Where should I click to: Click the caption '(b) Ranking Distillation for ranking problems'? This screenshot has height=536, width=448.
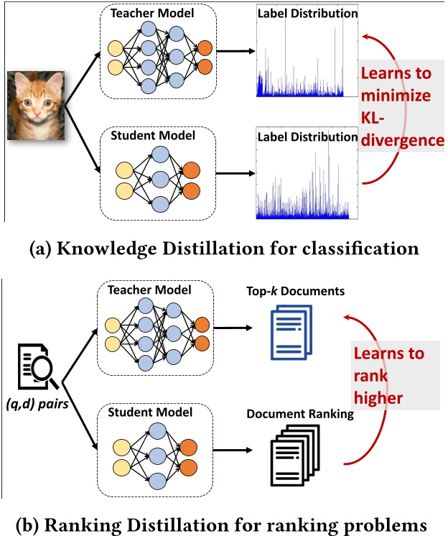[x=223, y=520]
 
